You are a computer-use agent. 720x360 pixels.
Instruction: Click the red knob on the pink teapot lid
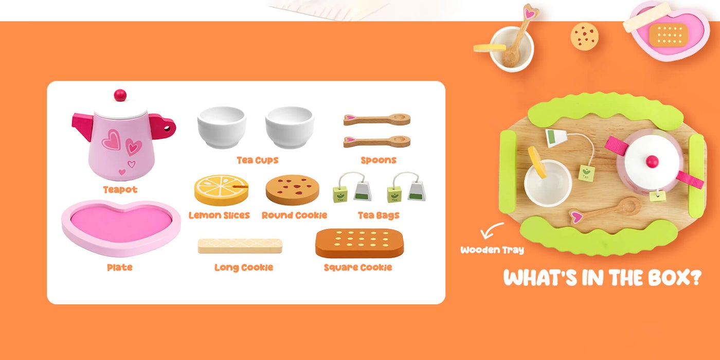tap(120, 95)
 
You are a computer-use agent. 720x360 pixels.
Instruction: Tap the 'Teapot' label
tap(120, 190)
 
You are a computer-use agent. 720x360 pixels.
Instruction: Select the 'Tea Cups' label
tap(258, 160)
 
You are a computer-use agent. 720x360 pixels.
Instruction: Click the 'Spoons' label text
tap(379, 160)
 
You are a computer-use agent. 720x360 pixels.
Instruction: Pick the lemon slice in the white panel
tap(222, 190)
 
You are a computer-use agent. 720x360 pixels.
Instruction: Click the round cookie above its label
tap(293, 190)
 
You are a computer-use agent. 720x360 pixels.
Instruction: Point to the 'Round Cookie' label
tap(294, 215)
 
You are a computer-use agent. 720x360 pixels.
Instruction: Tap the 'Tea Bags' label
tap(379, 215)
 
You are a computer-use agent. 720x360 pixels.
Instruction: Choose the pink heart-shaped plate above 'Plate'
tap(121, 228)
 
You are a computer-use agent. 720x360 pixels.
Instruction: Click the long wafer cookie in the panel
tap(240, 246)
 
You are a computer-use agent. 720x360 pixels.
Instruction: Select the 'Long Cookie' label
tap(244, 267)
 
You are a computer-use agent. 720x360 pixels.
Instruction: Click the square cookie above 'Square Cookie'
tap(359, 243)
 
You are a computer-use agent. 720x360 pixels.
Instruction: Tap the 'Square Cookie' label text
tap(358, 267)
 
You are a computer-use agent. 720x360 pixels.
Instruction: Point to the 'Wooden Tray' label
tap(492, 250)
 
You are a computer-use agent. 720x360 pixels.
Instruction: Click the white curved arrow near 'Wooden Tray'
tap(490, 230)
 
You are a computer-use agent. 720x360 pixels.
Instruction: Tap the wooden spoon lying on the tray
tap(605, 210)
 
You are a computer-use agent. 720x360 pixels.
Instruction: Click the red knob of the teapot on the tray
tap(653, 161)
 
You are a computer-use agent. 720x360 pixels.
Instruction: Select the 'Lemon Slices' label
tap(219, 215)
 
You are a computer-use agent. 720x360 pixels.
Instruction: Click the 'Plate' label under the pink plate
tap(119, 267)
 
